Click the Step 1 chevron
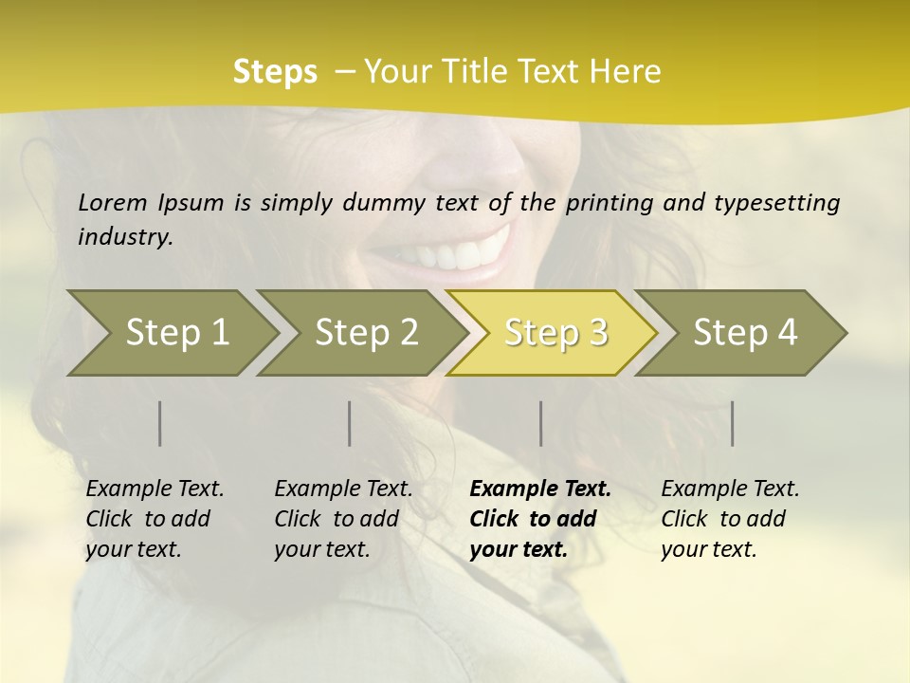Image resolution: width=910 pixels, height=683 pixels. tap(177, 333)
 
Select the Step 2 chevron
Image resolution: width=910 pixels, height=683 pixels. tap(366, 333)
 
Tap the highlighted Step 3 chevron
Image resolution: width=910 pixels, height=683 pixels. tap(555, 333)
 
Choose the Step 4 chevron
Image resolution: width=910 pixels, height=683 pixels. tap(745, 333)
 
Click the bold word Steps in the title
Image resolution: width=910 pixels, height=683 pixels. tap(275, 72)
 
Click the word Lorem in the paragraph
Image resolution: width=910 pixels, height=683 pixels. tap(113, 202)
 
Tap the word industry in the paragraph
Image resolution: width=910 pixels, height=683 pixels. tap(125, 236)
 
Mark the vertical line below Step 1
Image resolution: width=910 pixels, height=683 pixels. tap(160, 423)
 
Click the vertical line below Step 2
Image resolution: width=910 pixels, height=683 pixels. tap(350, 423)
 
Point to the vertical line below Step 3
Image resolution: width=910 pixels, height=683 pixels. tap(541, 423)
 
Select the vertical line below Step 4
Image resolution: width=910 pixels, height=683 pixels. tap(733, 423)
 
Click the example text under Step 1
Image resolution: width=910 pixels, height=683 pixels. tap(155, 519)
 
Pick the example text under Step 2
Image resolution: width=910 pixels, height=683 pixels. tap(343, 519)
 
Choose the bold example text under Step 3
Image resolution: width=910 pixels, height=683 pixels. tap(540, 519)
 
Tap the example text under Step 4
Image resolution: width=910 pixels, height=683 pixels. tap(730, 519)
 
